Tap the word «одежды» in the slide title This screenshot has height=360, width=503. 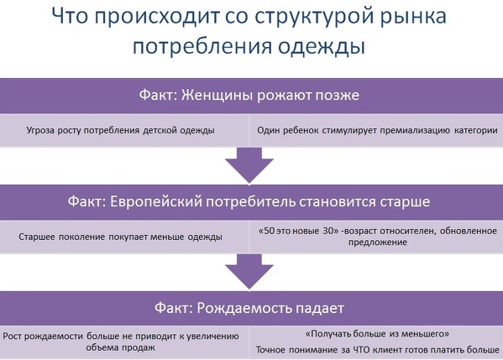[322, 46]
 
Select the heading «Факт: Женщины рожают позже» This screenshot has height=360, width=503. [249, 95]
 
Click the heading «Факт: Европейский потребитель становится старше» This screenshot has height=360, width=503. [249, 201]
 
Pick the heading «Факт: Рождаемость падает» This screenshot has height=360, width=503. [249, 308]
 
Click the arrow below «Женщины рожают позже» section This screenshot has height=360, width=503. [249, 165]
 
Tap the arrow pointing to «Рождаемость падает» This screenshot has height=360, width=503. [249, 272]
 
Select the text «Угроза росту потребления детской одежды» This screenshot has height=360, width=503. [120, 130]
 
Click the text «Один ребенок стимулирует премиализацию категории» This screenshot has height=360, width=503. [377, 130]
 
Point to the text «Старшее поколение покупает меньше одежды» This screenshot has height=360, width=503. [120, 237]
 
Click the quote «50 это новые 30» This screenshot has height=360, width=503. [299, 231]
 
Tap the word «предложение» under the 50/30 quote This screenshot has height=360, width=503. [378, 242]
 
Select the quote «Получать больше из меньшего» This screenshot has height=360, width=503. [377, 334]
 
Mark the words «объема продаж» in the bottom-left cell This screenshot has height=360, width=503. [120, 347]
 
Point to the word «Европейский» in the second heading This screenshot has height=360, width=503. [156, 201]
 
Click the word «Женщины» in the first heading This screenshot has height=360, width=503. [217, 96]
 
